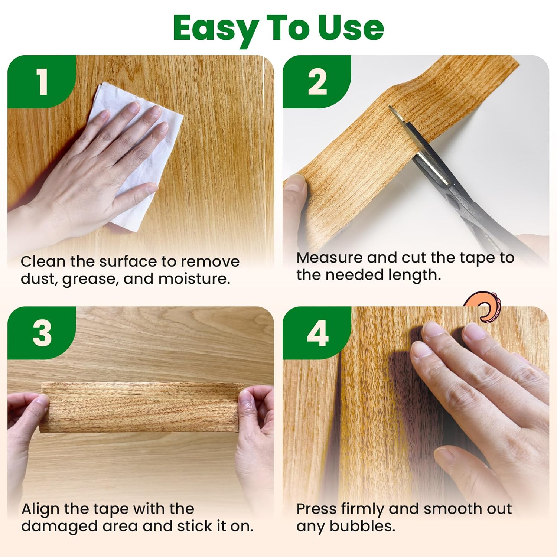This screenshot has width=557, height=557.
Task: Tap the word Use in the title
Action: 351,28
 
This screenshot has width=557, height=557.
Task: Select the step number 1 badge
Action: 42,82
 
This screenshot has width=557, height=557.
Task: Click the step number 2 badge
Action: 317,82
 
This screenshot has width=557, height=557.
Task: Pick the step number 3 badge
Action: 42,333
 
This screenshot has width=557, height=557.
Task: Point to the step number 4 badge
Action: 317,333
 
